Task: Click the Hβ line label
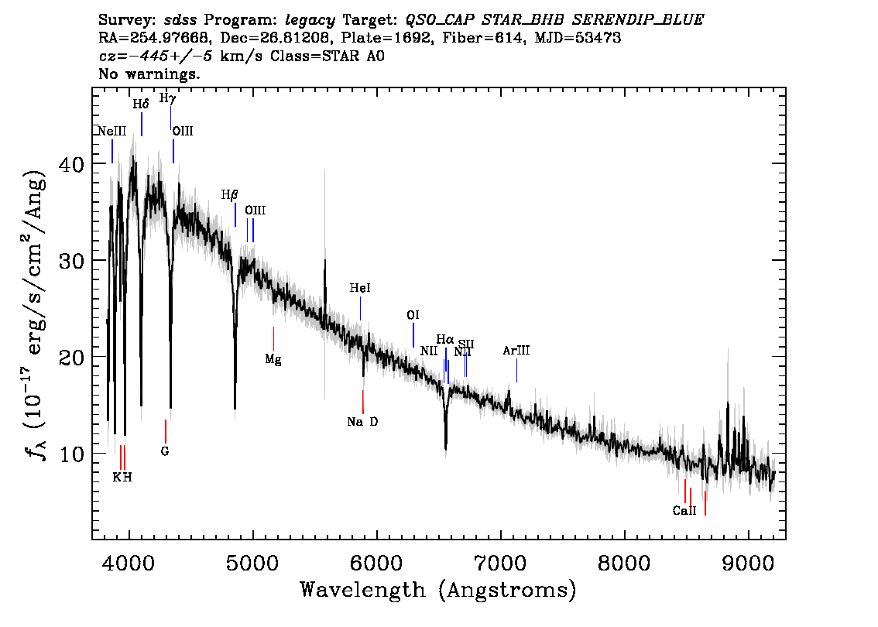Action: pyautogui.click(x=229, y=195)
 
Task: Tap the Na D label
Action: pyautogui.click(x=362, y=422)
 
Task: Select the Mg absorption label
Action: pyautogui.click(x=273, y=359)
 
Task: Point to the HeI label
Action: pyautogui.click(x=360, y=288)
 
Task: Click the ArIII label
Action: pyautogui.click(x=516, y=351)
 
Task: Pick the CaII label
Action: pyautogui.click(x=684, y=511)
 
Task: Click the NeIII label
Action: pyautogui.click(x=112, y=131)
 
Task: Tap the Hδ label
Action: pyautogui.click(x=141, y=104)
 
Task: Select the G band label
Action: pyautogui.click(x=165, y=451)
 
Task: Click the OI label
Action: pyautogui.click(x=413, y=315)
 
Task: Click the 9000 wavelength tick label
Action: pyautogui.click(x=748, y=562)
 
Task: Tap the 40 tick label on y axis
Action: pyautogui.click(x=73, y=164)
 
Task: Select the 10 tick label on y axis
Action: pyautogui.click(x=73, y=454)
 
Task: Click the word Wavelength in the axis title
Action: pyautogui.click(x=363, y=590)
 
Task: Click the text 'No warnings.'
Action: pyautogui.click(x=149, y=74)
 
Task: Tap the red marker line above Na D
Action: pyautogui.click(x=363, y=402)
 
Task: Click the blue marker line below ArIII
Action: pyautogui.click(x=516, y=370)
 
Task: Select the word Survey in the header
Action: pyautogui.click(x=127, y=20)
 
